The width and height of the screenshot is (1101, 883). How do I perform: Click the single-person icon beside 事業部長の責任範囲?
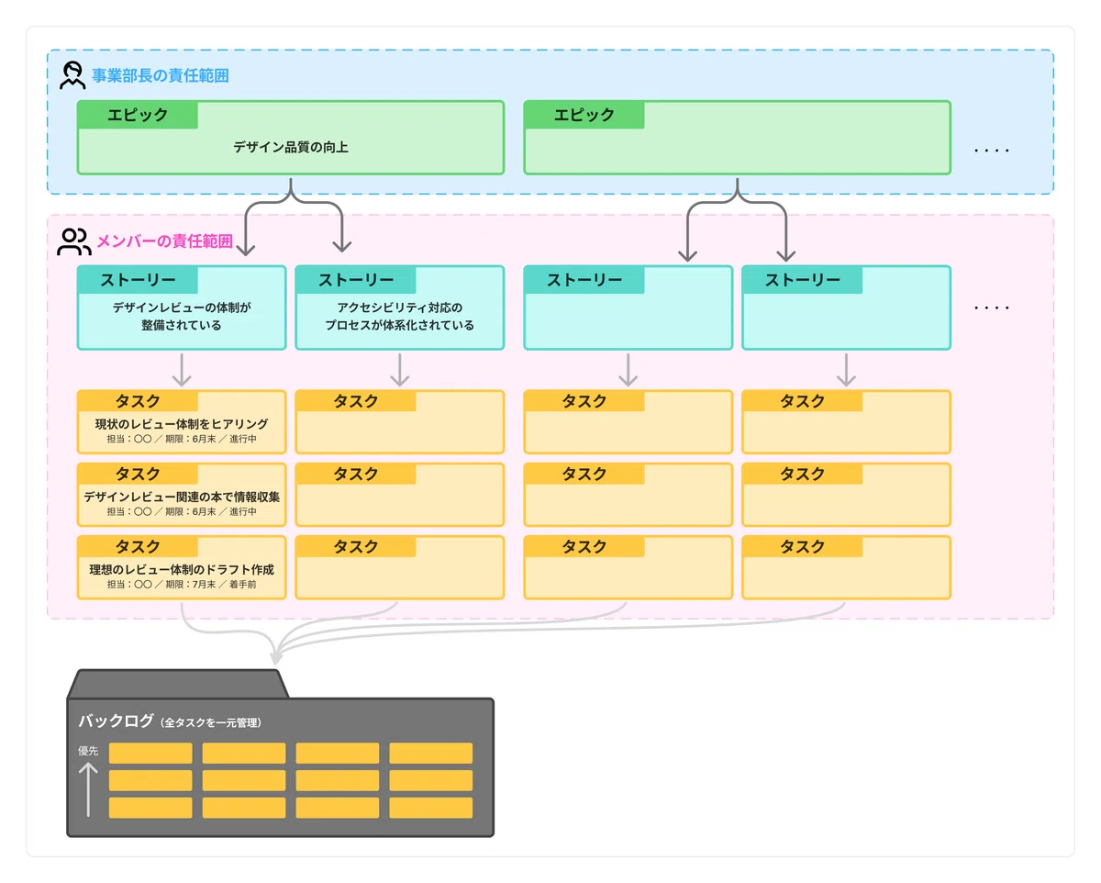click(x=72, y=75)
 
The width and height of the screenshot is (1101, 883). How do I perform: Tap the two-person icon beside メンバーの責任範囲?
click(x=74, y=241)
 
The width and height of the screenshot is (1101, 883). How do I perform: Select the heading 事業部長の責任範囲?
click(x=161, y=76)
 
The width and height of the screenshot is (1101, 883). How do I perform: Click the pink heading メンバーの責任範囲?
click(x=165, y=241)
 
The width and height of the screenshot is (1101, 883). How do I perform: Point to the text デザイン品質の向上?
click(x=291, y=148)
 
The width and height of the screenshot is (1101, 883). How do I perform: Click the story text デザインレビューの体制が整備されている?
click(x=182, y=317)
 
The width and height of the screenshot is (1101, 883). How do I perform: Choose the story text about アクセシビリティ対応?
click(x=400, y=317)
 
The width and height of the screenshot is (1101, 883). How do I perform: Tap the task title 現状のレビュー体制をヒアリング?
click(x=182, y=424)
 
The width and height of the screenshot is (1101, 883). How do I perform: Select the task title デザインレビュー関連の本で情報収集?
click(x=182, y=497)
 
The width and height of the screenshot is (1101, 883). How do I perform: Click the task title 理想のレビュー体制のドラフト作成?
click(x=182, y=569)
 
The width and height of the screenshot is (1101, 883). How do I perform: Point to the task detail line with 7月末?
click(x=182, y=585)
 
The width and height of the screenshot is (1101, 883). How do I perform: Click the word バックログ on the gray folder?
click(x=116, y=721)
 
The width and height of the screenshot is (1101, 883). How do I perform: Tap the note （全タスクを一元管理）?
click(x=211, y=722)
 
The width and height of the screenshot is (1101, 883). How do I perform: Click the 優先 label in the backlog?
click(x=88, y=751)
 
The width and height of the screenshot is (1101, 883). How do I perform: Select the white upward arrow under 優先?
click(x=88, y=789)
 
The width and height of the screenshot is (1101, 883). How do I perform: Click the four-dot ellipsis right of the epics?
click(x=992, y=151)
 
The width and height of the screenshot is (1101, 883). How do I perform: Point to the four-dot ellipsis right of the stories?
click(x=992, y=307)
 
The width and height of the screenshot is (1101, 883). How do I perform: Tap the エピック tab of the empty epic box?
click(x=584, y=115)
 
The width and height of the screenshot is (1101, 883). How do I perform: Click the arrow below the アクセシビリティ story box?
click(x=400, y=370)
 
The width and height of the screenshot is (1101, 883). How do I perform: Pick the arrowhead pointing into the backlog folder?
click(x=276, y=658)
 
